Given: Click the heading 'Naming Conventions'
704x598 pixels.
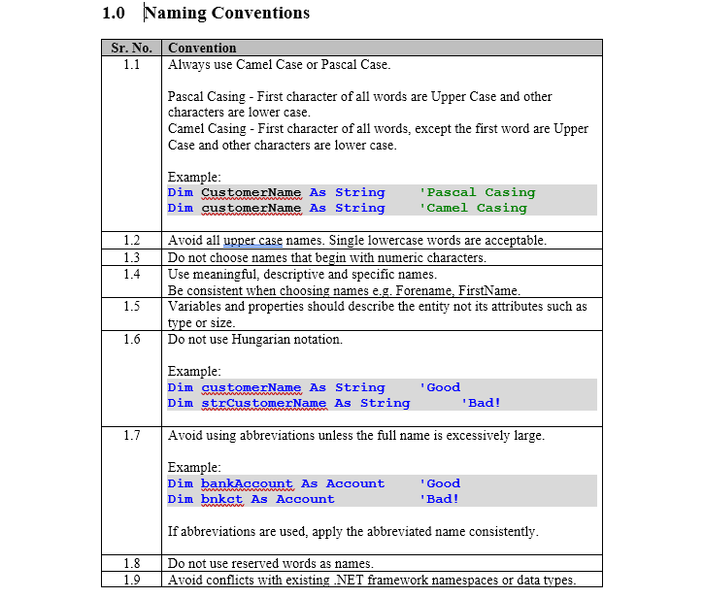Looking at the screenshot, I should coord(226,14).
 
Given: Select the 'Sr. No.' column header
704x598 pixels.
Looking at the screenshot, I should coord(132,48).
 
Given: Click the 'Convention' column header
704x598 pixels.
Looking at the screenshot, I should coord(202,48).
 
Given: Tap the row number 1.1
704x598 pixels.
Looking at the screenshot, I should coord(132,65).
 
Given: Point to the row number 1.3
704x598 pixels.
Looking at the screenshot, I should coord(132,257).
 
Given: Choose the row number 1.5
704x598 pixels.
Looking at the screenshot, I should coord(132,307).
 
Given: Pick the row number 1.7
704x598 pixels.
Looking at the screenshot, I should coord(132,435).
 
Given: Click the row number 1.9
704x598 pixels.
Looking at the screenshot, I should coord(132,580).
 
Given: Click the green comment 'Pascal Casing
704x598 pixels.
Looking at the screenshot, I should coord(477,192).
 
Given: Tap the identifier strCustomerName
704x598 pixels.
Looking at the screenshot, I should coord(263,403).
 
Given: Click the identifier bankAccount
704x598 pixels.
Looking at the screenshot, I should coord(247,483).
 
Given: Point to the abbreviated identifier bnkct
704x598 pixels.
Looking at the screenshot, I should coord(221,499).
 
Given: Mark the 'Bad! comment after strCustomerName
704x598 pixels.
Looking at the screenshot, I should coord(481,403).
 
